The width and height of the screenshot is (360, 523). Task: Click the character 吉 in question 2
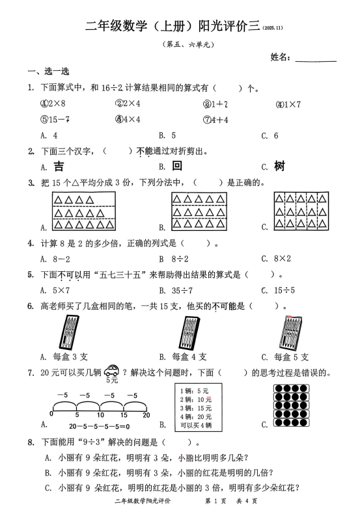(59, 166)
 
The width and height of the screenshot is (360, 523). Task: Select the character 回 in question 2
(176, 166)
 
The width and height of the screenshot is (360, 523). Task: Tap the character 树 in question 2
(279, 166)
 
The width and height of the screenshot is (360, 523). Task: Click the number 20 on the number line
(146, 414)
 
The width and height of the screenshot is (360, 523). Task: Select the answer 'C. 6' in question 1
(270, 135)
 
